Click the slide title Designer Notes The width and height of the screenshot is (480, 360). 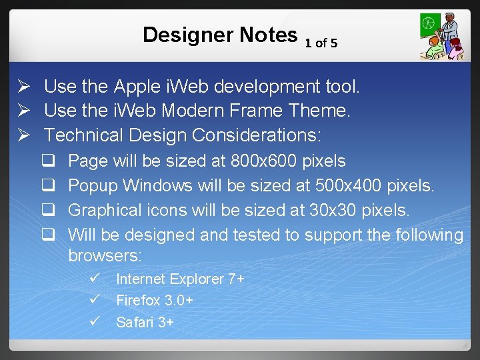coord(219,35)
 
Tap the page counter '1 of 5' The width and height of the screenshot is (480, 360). coord(321,43)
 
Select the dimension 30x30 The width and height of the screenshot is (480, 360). coord(333,210)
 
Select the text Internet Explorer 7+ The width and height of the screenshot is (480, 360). coord(180,279)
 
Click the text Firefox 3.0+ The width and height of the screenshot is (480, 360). coord(154,301)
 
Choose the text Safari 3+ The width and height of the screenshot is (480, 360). coord(145,323)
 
